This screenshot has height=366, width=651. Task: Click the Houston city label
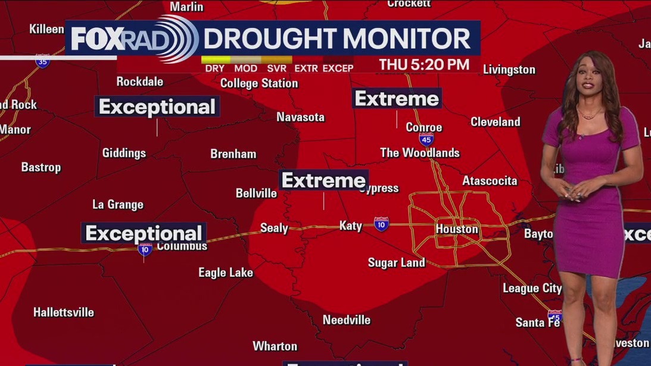pos(457,229)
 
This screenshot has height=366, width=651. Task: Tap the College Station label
pos(259,83)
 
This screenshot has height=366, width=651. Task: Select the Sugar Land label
pos(396,262)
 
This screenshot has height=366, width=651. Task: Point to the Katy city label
pos(350,226)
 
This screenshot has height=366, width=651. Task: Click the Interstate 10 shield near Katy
pos(381,224)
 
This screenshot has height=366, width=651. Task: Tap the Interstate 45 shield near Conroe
pos(426,139)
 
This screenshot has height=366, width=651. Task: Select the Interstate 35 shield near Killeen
pos(42,61)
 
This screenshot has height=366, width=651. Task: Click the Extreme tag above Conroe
pos(397,99)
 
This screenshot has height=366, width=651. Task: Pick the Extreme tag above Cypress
pos(323,180)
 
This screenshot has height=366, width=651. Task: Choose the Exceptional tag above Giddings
pos(157,107)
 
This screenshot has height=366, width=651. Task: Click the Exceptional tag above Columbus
pos(144,233)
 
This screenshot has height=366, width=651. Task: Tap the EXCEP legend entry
pos(338,68)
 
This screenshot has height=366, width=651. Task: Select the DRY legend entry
pos(214,68)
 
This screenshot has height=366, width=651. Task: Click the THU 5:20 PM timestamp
pos(424,64)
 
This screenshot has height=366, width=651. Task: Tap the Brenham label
pos(233,154)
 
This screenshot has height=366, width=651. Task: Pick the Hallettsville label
pos(64,312)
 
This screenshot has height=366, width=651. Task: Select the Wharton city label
pos(275,346)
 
